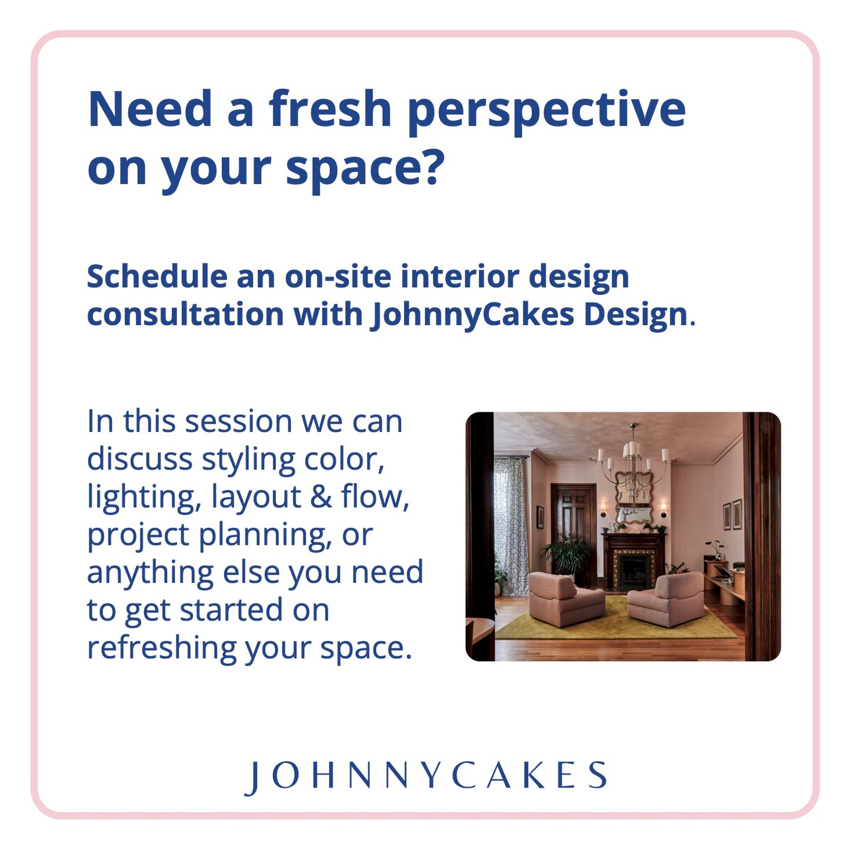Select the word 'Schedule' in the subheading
[x=157, y=276]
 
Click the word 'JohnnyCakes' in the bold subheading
[x=472, y=314]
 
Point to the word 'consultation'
[x=185, y=314]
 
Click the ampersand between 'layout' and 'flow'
[x=321, y=496]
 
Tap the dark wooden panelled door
[x=573, y=512]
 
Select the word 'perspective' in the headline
[x=546, y=110]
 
